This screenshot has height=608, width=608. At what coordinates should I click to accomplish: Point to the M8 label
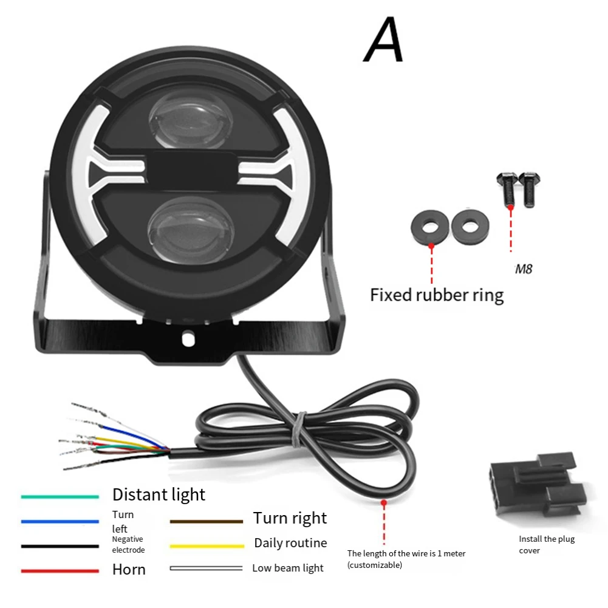point(524,268)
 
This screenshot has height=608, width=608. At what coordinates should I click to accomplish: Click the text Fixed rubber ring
point(437,295)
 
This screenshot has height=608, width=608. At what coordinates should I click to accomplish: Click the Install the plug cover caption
point(546,544)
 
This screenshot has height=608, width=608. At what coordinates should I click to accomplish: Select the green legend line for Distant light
point(60,497)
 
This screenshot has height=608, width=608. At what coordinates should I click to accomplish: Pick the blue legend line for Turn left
point(60,521)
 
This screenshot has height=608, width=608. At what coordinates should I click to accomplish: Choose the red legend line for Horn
point(60,571)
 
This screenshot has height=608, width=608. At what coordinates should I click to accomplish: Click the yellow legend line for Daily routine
point(207,546)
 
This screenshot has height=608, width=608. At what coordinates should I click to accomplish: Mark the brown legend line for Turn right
point(207,521)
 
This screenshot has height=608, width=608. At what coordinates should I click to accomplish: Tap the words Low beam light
point(288,569)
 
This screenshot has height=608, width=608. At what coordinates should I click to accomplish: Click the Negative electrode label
point(128,544)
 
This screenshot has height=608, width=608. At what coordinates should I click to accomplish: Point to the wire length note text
point(406,559)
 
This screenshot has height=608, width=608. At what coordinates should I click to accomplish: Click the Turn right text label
point(290,518)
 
